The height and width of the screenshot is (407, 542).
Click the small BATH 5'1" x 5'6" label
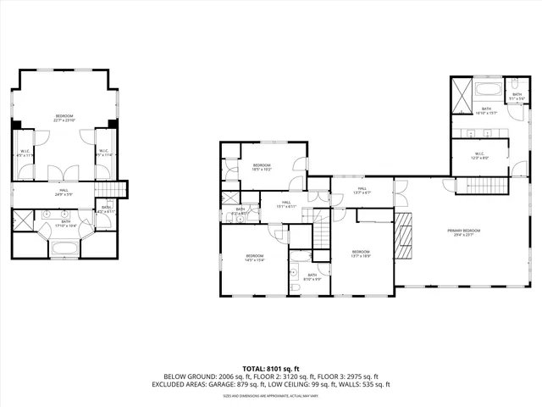pos(517,97)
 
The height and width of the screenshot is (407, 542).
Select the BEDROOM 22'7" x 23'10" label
pos(65,118)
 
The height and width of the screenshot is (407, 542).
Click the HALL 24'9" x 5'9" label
pos(64,192)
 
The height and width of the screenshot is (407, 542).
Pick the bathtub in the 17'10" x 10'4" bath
pos(65,248)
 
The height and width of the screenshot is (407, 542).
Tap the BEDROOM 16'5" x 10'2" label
pos(261,167)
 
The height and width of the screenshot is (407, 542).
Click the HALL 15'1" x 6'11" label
pos(286,203)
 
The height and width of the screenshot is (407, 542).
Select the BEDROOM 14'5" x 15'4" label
pos(255,258)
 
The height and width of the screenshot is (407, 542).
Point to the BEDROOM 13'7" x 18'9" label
pos(361,253)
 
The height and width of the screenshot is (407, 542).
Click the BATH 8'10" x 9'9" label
pos(312,276)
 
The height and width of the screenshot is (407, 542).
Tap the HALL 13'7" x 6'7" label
pos(362,190)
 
